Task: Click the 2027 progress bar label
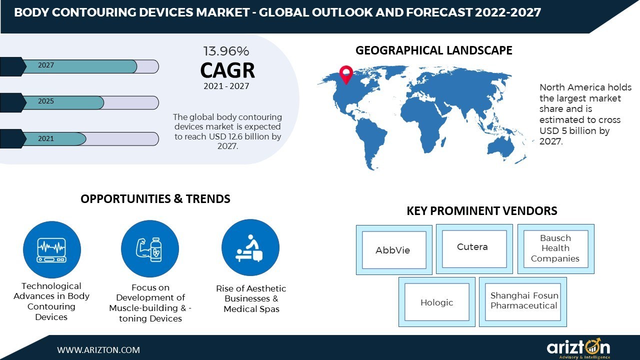(46, 65)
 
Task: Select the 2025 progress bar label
(46, 101)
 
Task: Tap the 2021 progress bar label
(46, 138)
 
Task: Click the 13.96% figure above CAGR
(226, 51)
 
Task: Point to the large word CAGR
(227, 70)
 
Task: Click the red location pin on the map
(345, 74)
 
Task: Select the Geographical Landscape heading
(433, 50)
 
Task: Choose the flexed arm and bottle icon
(150, 249)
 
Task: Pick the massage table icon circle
(250, 248)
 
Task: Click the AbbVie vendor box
(394, 250)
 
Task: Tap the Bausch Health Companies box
(555, 248)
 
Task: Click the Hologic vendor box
(436, 302)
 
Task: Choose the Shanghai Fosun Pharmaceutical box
(523, 301)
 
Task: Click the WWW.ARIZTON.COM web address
(98, 350)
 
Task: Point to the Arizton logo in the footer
(578, 348)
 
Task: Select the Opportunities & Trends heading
(155, 199)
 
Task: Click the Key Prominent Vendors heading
(481, 211)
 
